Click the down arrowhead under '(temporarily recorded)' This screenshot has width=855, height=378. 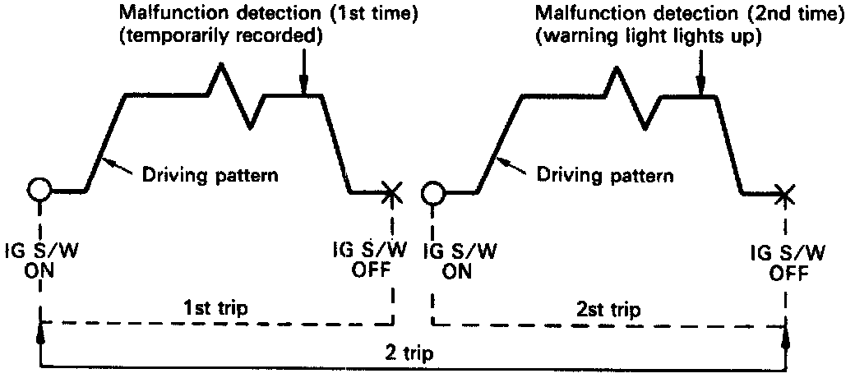click(303, 88)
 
